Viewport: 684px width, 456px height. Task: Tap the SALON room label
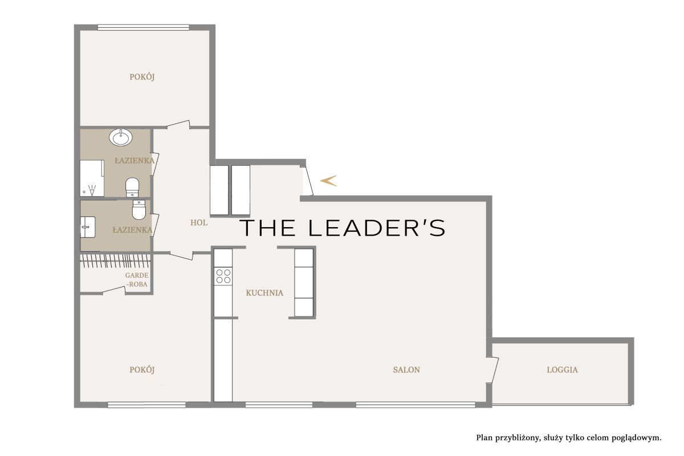406,369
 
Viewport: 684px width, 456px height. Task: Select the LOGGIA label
562,369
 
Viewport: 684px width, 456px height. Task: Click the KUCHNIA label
264,293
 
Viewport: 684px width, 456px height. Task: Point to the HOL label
199,223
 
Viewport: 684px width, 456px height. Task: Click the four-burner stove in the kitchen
223,276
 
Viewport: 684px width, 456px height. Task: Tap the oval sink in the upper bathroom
121,137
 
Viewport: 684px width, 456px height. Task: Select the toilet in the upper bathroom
132,187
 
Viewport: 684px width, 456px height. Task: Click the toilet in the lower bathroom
139,209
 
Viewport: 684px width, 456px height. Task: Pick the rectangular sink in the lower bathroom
88,227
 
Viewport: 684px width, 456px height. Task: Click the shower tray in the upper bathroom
92,178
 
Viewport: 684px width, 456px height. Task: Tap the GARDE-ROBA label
137,280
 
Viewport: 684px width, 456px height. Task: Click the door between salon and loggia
492,369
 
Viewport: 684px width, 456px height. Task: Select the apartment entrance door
307,180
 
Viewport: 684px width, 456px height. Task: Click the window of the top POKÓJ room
144,27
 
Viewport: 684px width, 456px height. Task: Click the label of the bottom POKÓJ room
142,369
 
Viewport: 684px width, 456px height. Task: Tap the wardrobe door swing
113,290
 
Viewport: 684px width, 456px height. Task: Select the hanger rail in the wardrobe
115,261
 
